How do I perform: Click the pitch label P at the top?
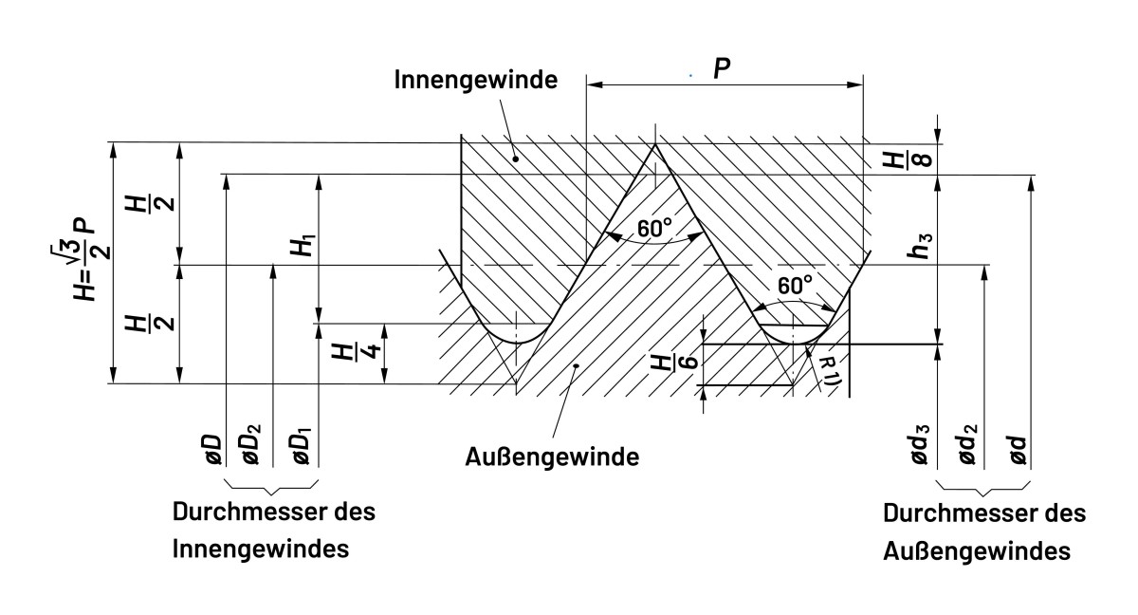723,68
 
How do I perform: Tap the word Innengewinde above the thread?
474,81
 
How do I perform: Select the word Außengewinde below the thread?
552,457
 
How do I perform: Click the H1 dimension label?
302,249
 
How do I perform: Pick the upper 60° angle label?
654,230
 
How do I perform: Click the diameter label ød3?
919,445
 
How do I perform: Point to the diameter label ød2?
968,445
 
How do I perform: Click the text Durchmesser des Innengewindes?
273,530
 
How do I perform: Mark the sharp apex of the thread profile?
654,144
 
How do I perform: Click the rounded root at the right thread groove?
795,341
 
